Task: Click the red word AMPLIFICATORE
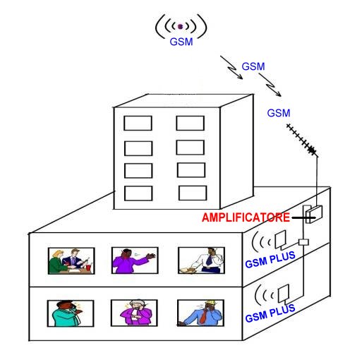click(246, 217)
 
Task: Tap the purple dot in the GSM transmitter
click(181, 27)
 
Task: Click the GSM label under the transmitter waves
click(181, 42)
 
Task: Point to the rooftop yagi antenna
click(302, 140)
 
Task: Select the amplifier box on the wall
click(314, 215)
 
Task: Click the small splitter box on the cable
click(303, 242)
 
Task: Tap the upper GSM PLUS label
click(270, 260)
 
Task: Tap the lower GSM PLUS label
click(270, 313)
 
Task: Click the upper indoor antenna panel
click(281, 239)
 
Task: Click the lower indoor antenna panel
click(284, 294)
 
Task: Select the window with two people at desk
click(71, 261)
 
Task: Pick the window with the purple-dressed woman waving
click(135, 260)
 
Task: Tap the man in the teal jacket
click(68, 313)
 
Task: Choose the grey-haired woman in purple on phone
click(136, 312)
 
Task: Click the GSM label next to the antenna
click(279, 113)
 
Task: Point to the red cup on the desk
click(88, 268)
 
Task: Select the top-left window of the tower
click(138, 123)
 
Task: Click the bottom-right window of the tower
click(193, 193)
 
